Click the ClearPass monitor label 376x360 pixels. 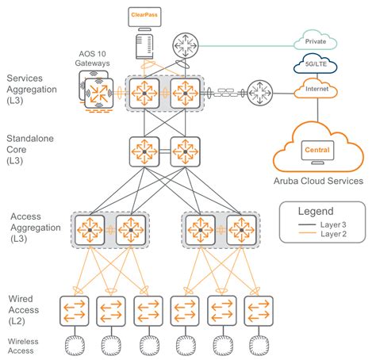144,15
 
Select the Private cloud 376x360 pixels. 316,40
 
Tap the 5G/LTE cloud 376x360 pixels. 316,63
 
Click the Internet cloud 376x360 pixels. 316,89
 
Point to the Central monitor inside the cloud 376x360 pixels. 317,152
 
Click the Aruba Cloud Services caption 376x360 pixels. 318,181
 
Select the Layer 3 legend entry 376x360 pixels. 322,224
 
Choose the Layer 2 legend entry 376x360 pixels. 322,234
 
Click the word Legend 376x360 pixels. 316,211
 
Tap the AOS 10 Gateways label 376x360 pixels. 92,59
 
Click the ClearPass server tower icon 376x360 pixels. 144,46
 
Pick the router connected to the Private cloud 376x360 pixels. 186,45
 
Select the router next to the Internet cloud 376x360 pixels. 260,93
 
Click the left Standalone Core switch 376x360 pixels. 144,151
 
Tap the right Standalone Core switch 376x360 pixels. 186,151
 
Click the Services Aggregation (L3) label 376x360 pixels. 32,90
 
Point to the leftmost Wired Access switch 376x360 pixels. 75,311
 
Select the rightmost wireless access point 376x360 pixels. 259,346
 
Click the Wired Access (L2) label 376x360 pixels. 24,310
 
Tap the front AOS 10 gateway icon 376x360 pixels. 98,93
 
